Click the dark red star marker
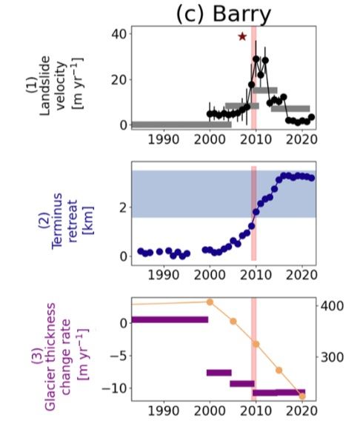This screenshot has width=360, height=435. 242,36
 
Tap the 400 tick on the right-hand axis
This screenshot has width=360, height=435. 330,306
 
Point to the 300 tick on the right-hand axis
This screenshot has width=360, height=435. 330,356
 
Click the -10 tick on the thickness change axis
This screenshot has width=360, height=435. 115,388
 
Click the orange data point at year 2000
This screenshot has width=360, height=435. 210,302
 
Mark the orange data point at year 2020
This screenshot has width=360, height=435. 302,396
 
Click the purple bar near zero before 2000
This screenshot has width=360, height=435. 170,319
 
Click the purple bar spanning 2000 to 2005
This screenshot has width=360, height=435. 219,372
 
